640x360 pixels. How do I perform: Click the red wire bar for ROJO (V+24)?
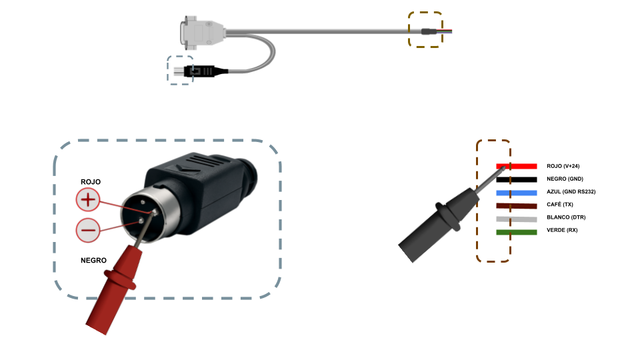[x=516, y=166]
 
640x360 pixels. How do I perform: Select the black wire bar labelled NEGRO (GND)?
[x=516, y=179]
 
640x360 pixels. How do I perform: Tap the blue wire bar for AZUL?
[x=516, y=193]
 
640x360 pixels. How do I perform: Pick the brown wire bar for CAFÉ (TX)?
[x=516, y=206]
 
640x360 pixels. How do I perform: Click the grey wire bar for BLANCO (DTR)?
[x=516, y=219]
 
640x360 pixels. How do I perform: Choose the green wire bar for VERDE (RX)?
[x=516, y=232]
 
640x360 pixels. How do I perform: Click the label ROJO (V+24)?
[x=563, y=166]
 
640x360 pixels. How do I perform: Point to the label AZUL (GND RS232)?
[x=571, y=191]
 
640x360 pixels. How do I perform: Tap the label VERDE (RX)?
[x=562, y=230]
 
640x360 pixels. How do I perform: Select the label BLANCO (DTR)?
[x=566, y=217]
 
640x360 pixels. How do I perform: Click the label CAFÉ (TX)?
[x=560, y=204]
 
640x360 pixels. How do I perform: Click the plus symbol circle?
[x=88, y=199]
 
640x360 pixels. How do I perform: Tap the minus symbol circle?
[x=88, y=230]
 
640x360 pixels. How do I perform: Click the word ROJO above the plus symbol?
[x=91, y=181]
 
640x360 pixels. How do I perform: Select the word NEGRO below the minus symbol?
[x=93, y=261]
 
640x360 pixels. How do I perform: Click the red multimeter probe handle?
[x=114, y=288]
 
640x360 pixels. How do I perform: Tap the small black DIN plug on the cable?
[x=200, y=71]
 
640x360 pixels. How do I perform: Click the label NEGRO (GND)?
[x=565, y=179]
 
